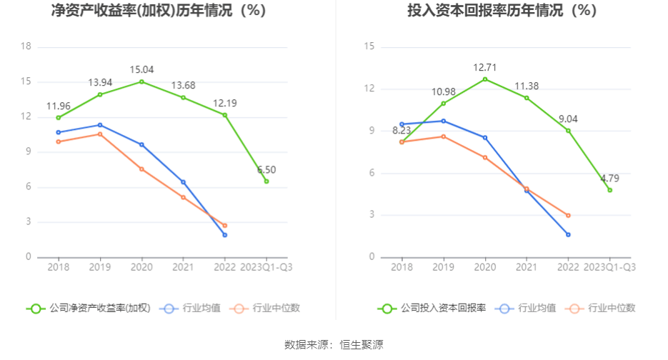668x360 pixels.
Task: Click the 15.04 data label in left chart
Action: tap(141, 69)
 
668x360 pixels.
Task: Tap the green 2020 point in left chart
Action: tap(141, 81)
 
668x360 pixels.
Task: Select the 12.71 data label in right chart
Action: tap(485, 67)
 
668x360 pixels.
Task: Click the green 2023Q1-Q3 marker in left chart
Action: tap(266, 181)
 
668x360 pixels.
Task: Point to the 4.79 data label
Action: tap(609, 178)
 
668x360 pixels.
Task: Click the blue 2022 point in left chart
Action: tap(225, 235)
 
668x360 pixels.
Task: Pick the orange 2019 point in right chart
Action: tap(443, 136)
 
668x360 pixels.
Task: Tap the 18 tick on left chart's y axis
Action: tap(26, 47)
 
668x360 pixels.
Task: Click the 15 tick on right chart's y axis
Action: tap(369, 47)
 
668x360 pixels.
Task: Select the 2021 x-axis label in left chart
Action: tap(183, 267)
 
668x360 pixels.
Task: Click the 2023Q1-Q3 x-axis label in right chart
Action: tap(609, 267)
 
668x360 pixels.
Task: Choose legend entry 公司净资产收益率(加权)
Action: tap(89, 309)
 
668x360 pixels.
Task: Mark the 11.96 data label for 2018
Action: tap(59, 106)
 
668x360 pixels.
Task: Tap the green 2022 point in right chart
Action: tap(568, 131)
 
